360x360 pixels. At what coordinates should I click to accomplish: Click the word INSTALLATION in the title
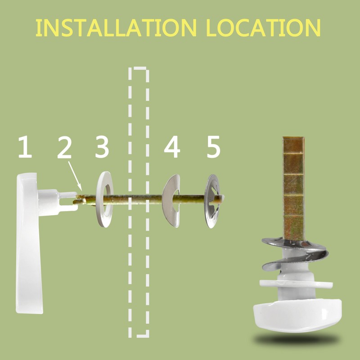(x=116, y=27)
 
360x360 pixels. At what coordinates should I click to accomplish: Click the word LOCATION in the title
(x=263, y=27)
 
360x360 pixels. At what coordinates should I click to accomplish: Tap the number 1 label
(x=25, y=147)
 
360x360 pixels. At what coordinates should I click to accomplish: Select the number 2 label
(x=64, y=147)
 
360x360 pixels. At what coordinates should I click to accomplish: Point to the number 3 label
(x=102, y=147)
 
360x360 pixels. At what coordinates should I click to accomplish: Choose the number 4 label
(x=172, y=147)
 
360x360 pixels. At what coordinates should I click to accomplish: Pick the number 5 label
(x=213, y=147)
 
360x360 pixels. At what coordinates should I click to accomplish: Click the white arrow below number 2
(x=75, y=176)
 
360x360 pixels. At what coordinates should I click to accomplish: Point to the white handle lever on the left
(x=29, y=243)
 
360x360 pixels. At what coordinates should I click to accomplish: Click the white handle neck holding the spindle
(x=58, y=202)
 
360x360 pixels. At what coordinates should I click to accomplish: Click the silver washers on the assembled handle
(x=295, y=253)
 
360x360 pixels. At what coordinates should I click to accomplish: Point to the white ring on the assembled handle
(x=296, y=284)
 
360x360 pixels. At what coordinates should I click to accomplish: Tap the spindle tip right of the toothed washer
(x=221, y=198)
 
